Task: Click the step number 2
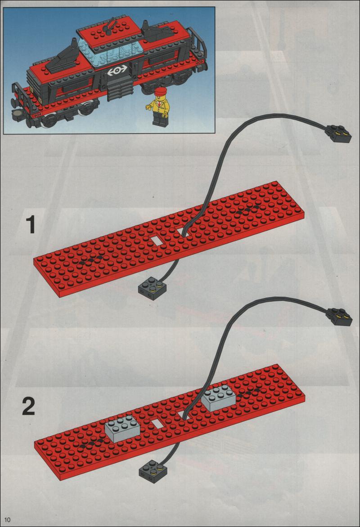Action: pos(29,406)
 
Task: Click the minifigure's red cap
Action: pos(161,91)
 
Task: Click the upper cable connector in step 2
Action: pos(339,317)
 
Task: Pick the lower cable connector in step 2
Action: pos(152,471)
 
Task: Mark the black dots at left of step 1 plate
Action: pos(90,261)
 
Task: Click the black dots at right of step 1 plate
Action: pos(248,210)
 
